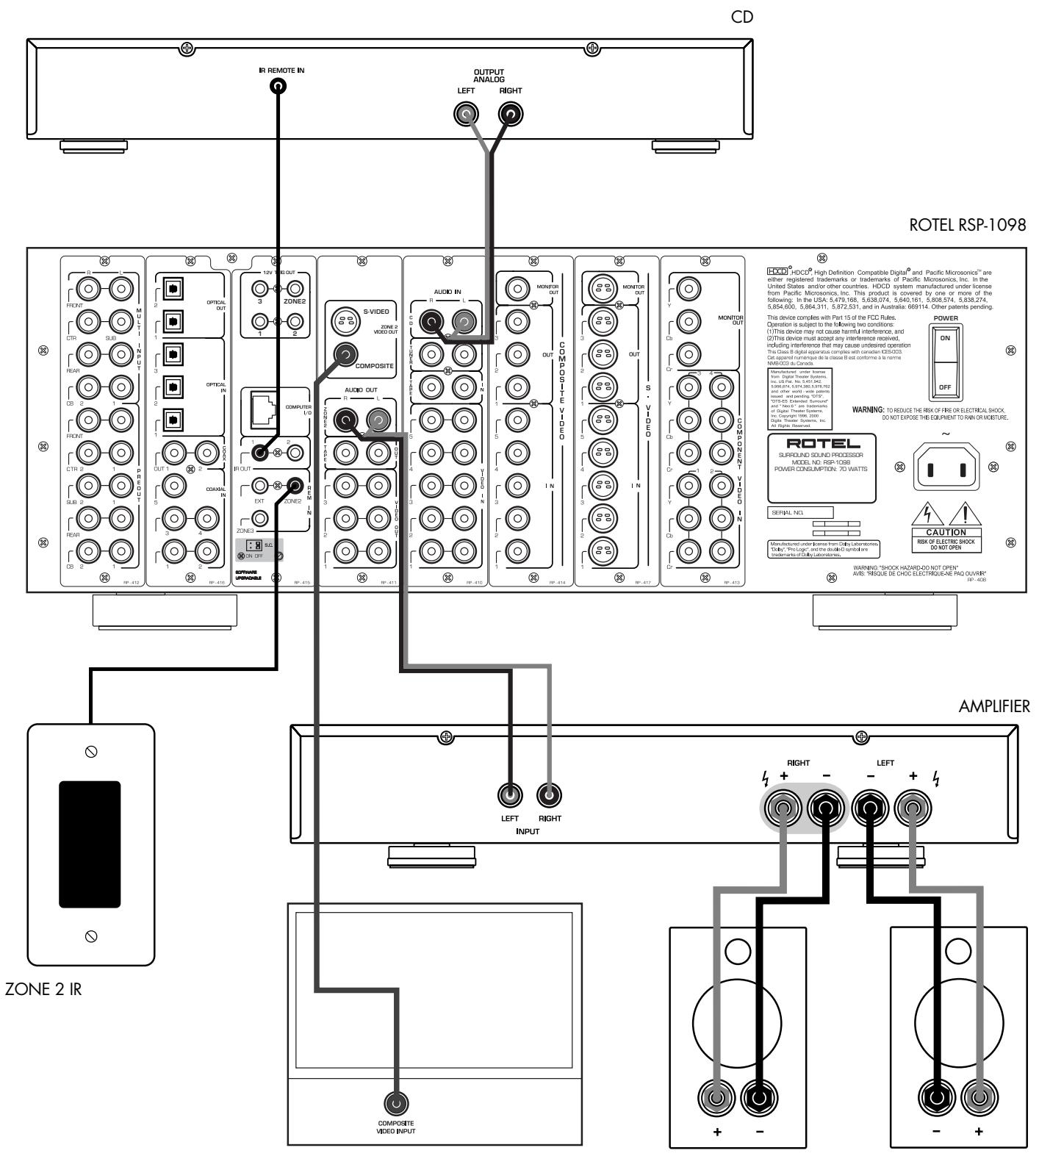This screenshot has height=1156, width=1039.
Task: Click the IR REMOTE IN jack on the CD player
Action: point(278,85)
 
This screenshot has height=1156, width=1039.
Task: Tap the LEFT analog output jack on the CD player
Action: point(467,114)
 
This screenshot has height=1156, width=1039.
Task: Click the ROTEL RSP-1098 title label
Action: point(968,227)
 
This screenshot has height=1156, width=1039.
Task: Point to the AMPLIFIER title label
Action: point(996,706)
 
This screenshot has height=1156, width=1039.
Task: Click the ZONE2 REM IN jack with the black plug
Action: point(295,485)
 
